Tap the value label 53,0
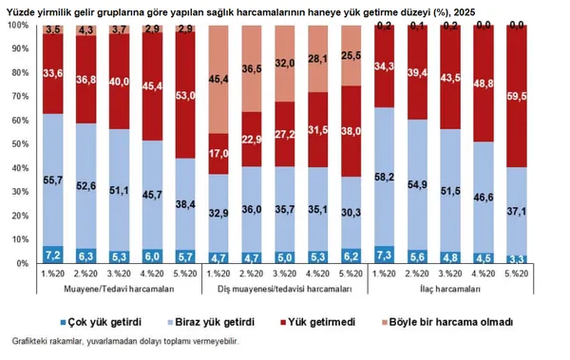[x=186, y=95]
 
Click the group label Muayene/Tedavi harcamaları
[x=120, y=288]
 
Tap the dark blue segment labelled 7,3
[x=385, y=255]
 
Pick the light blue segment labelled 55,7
[x=53, y=180]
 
